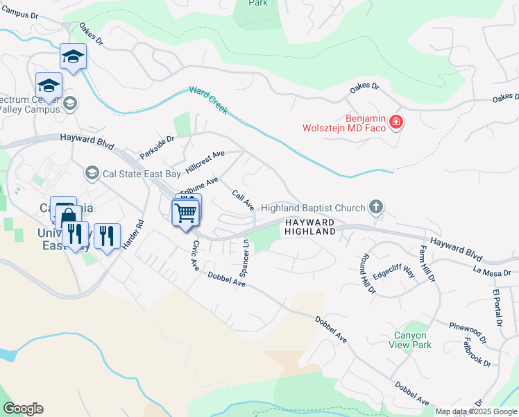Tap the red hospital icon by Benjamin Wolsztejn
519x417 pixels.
click(396, 123)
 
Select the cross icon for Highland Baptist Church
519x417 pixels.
click(375, 207)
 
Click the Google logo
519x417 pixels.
click(23, 409)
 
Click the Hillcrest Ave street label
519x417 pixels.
click(205, 160)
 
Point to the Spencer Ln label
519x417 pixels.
click(244, 256)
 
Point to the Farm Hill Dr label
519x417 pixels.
click(427, 263)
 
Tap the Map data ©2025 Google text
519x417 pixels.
click(476, 411)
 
